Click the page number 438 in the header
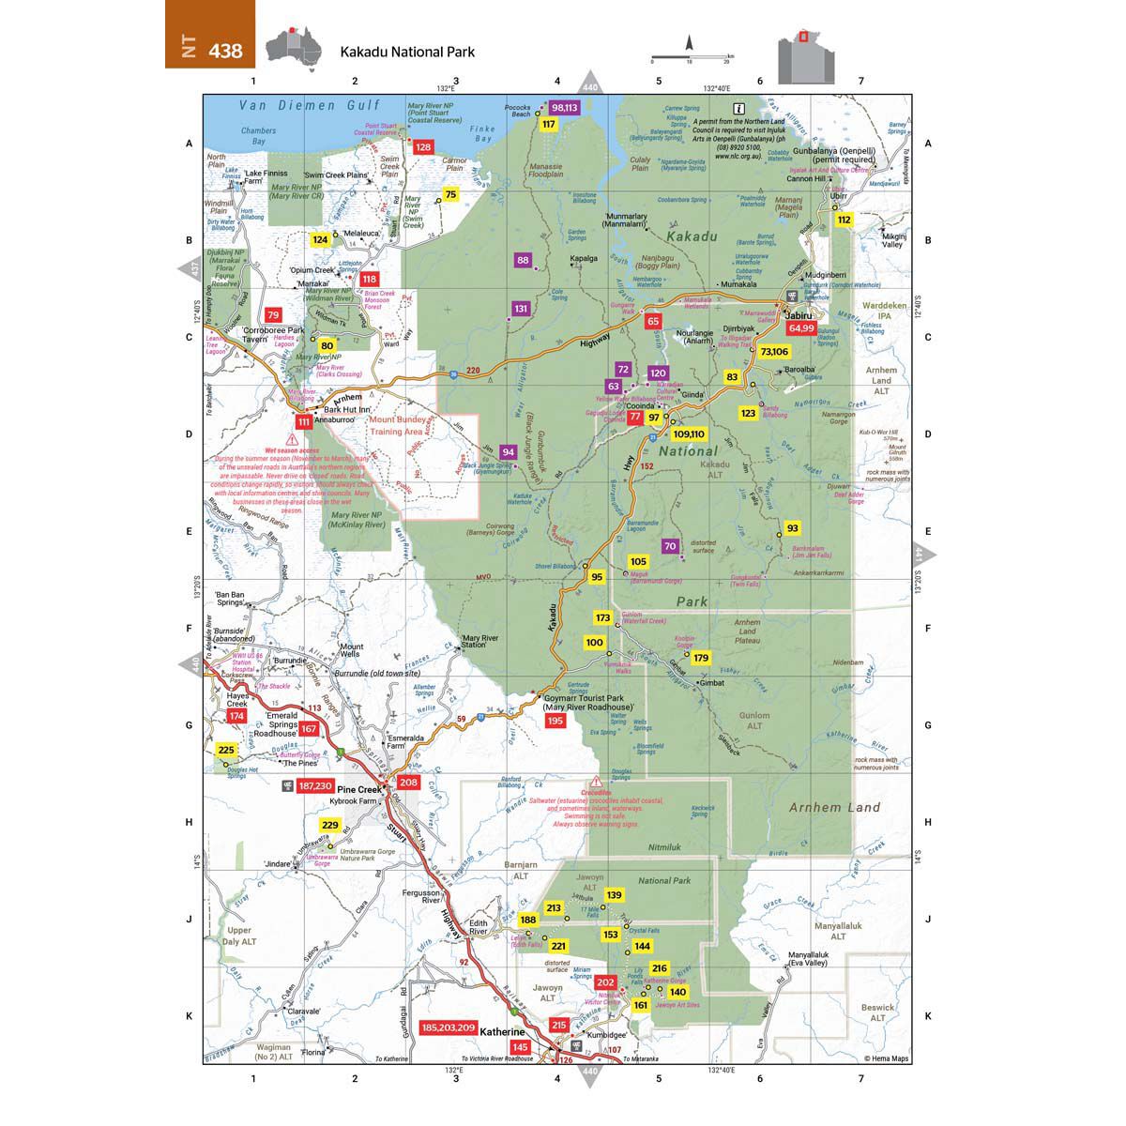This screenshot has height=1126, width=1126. [x=225, y=51]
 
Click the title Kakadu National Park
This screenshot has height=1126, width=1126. [x=407, y=52]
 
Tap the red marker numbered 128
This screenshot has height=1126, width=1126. [x=423, y=147]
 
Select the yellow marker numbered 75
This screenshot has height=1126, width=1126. [x=450, y=194]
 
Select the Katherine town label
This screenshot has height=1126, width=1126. [x=507, y=1030]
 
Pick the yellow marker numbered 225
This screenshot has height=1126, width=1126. [x=226, y=750]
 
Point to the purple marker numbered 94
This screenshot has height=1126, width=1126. [x=508, y=451]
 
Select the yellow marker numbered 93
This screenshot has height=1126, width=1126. [x=793, y=528]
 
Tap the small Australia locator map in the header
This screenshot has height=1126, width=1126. [x=293, y=47]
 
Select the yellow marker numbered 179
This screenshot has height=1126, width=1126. [x=701, y=658]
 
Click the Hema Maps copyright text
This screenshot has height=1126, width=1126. [x=886, y=1059]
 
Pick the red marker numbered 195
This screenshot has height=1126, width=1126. [x=555, y=720]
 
